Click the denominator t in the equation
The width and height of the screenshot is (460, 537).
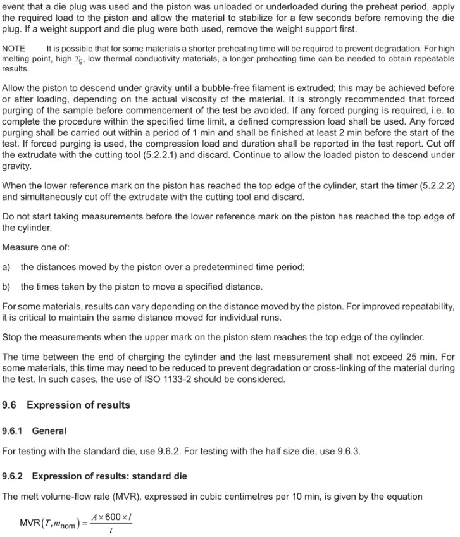point(112,530)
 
